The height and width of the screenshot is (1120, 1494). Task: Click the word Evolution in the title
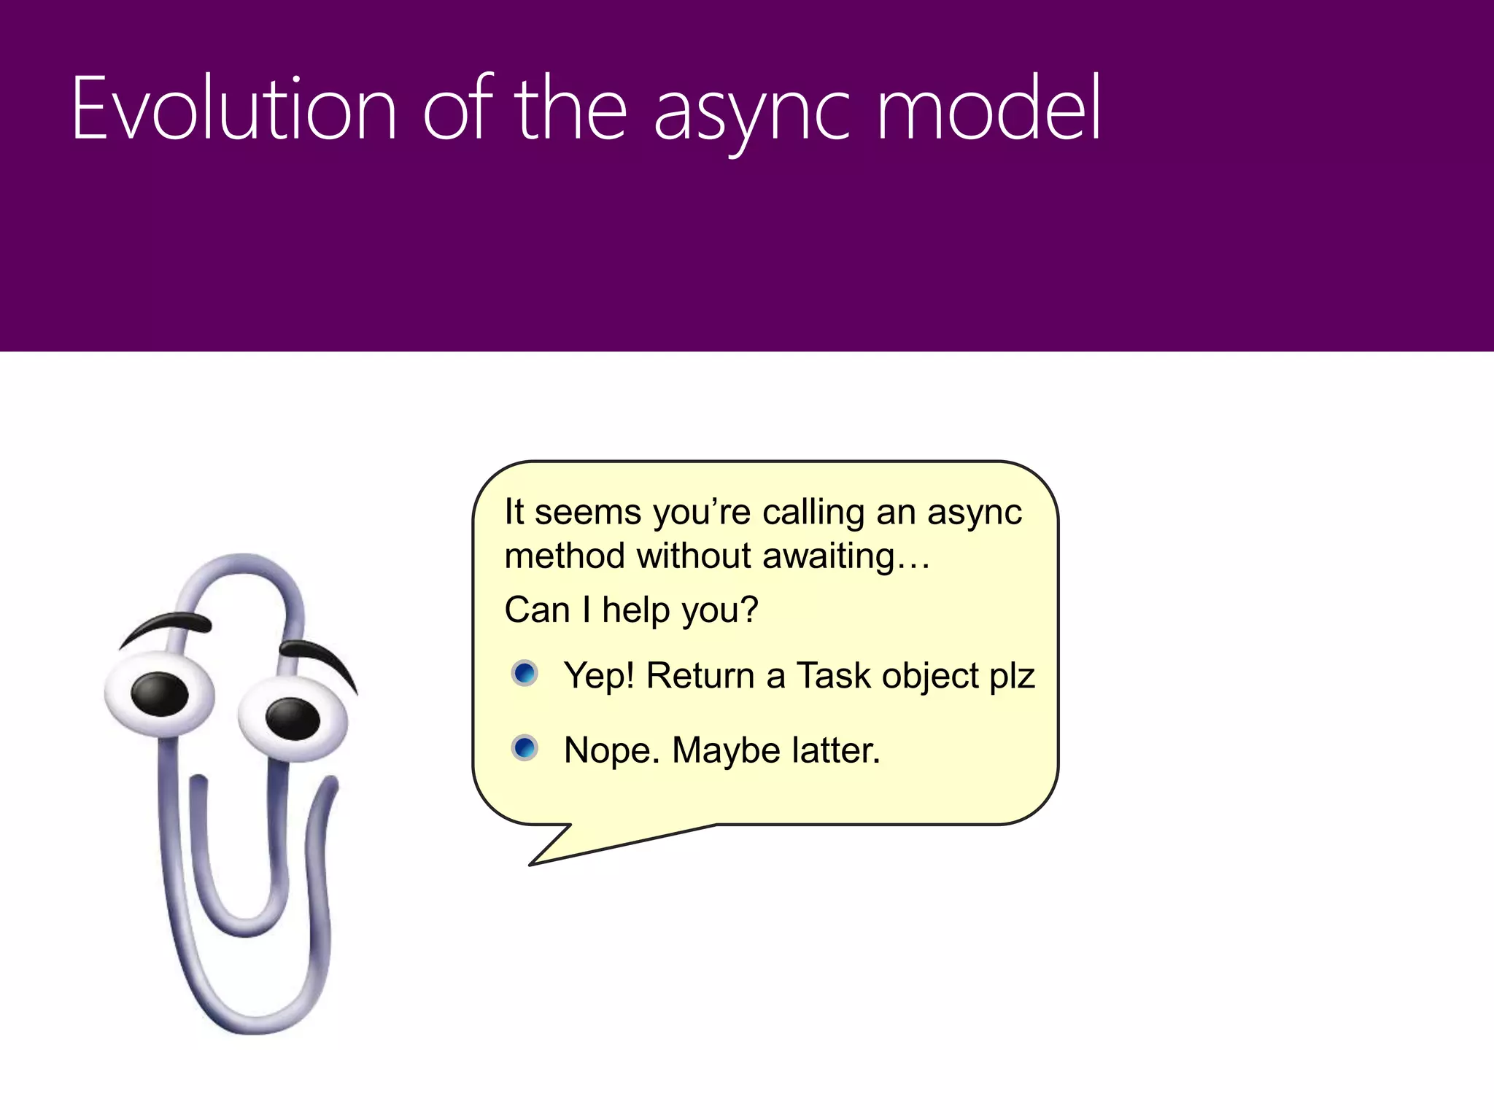coord(233,109)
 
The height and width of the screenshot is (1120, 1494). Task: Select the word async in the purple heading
coord(751,113)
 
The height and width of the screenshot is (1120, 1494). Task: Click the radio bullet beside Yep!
coord(525,673)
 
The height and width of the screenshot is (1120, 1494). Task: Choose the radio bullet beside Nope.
coord(525,748)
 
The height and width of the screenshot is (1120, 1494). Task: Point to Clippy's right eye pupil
coord(292,717)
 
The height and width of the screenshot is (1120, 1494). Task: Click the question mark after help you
coord(749,610)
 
